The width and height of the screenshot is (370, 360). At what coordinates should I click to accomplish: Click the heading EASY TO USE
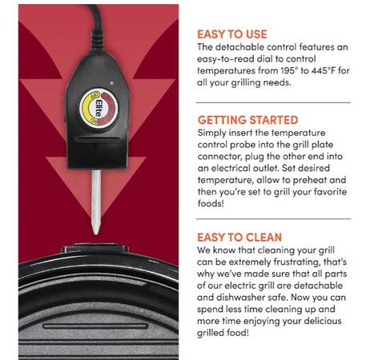point(232,34)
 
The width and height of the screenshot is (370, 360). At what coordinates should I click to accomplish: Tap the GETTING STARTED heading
point(247,120)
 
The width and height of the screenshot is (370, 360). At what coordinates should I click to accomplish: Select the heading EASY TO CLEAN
point(239,238)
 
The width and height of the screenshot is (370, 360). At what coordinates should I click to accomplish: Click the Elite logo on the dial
point(99,108)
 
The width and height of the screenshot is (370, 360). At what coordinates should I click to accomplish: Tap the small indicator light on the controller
point(112,82)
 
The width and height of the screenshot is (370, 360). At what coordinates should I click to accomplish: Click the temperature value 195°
point(289,70)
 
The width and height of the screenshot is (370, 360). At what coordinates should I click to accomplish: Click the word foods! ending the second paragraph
point(211,203)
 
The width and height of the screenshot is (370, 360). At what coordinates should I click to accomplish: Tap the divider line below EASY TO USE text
point(273,102)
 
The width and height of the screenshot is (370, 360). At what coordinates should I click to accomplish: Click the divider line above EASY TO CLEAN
point(273,219)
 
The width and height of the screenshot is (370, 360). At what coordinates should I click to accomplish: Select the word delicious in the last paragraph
point(320,321)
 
